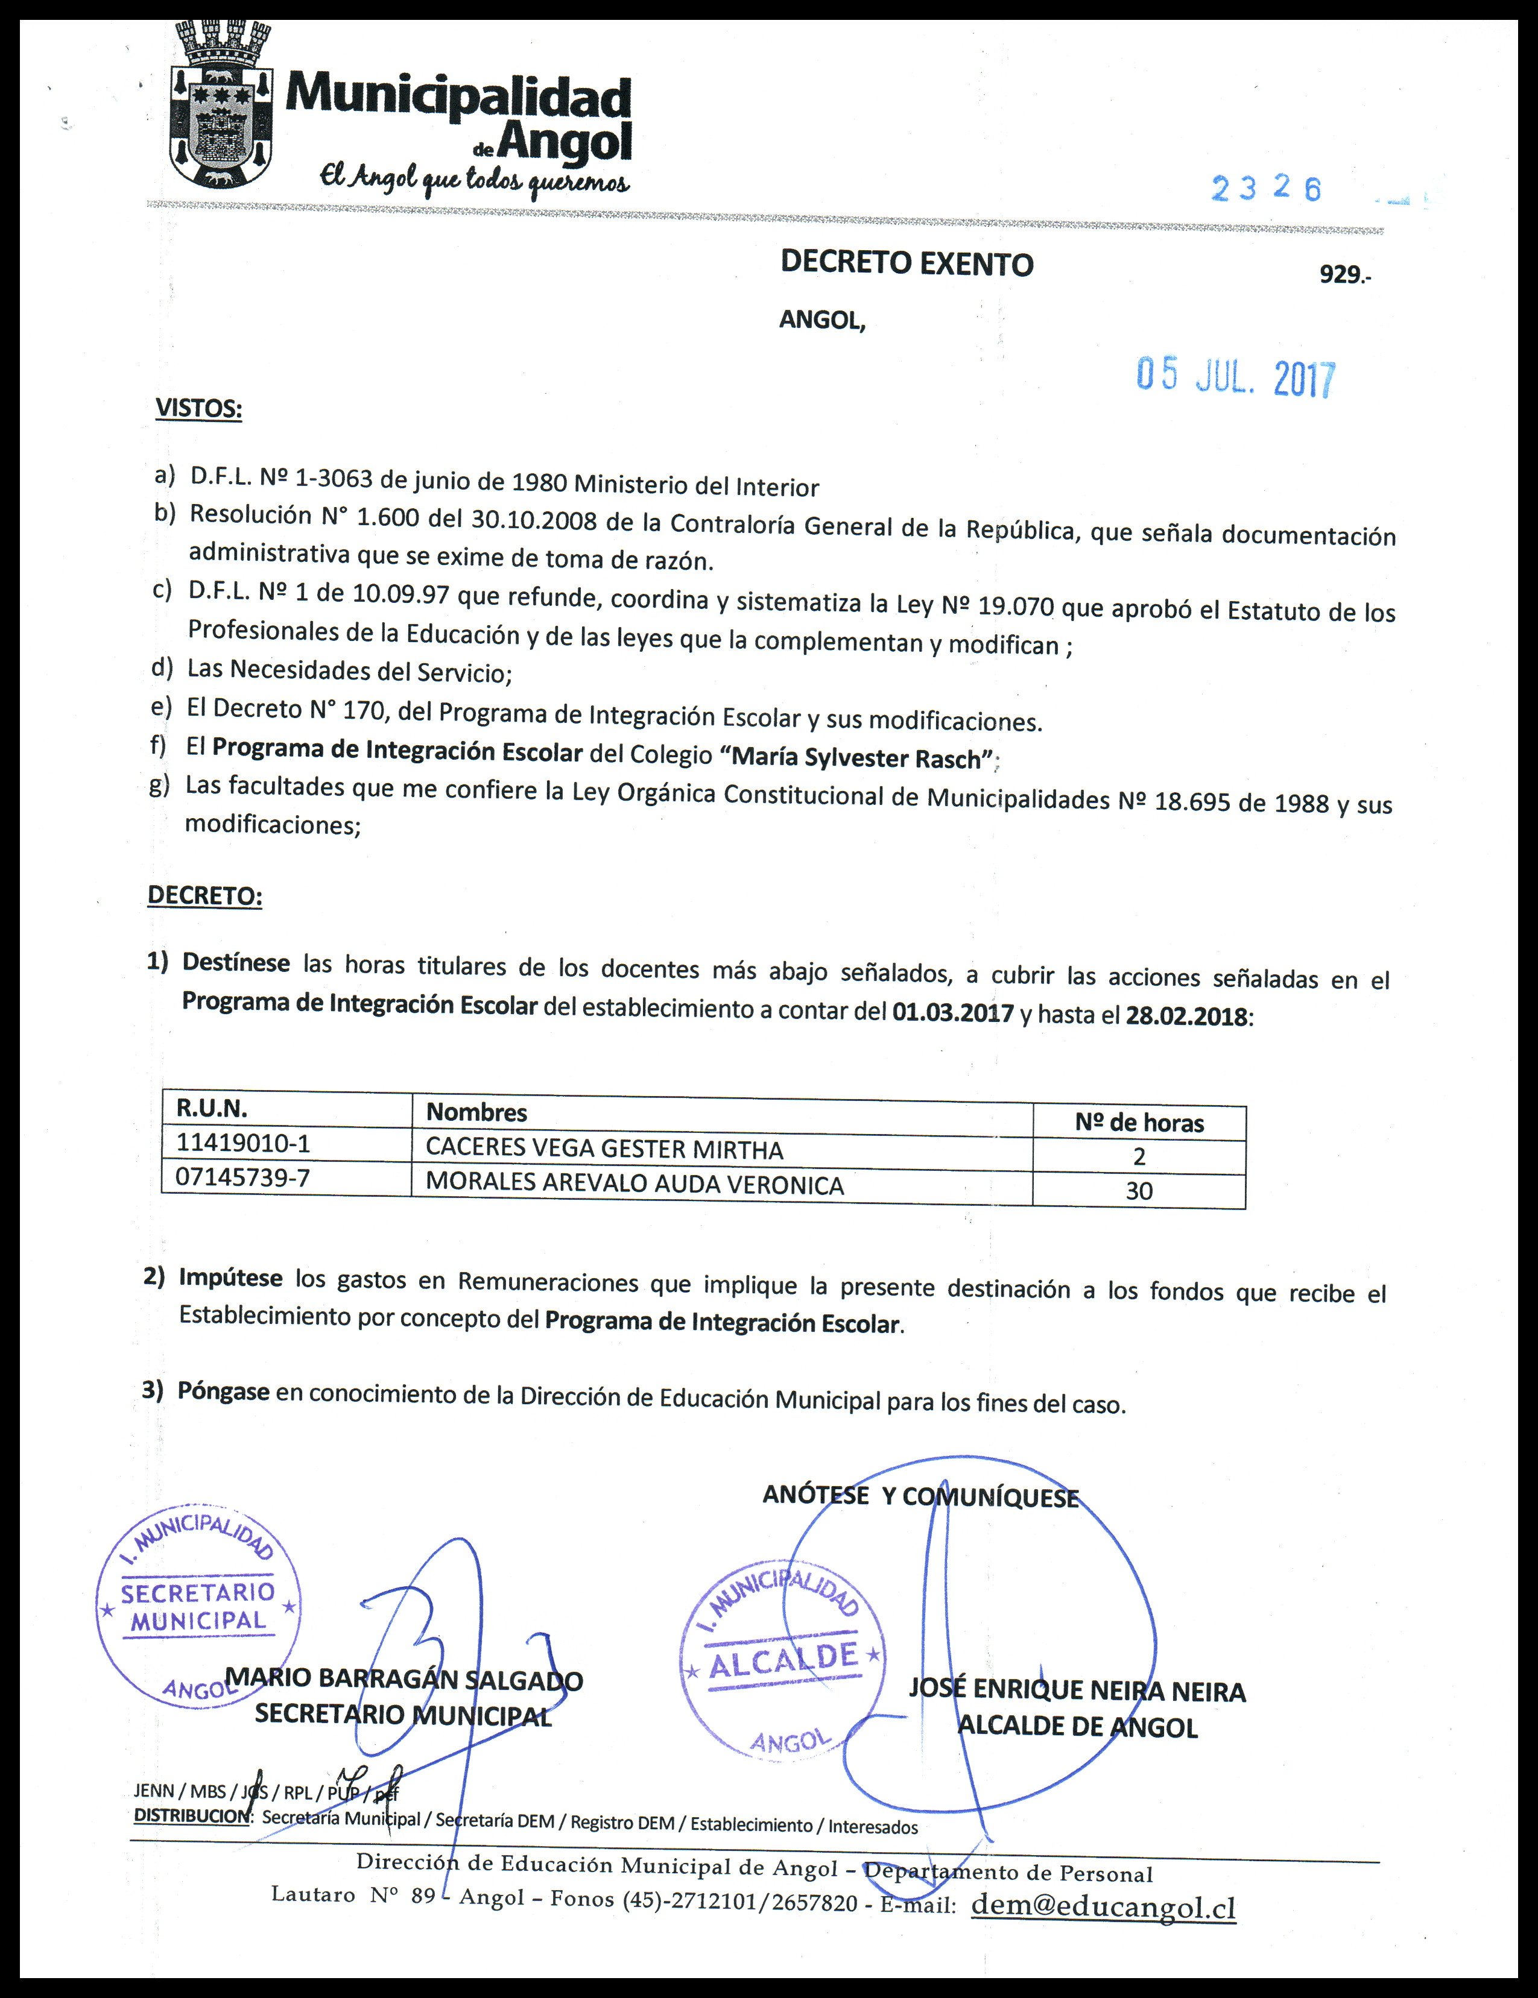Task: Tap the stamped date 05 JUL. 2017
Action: (x=1236, y=376)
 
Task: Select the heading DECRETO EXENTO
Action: (x=906, y=263)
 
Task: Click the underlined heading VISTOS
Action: (x=198, y=408)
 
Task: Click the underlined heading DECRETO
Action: (x=205, y=896)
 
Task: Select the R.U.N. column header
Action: (x=212, y=1109)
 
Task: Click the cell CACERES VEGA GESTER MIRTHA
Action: (x=604, y=1149)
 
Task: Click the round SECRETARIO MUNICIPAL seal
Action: (x=198, y=1605)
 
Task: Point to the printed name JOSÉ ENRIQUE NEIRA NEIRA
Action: (x=1076, y=1691)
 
